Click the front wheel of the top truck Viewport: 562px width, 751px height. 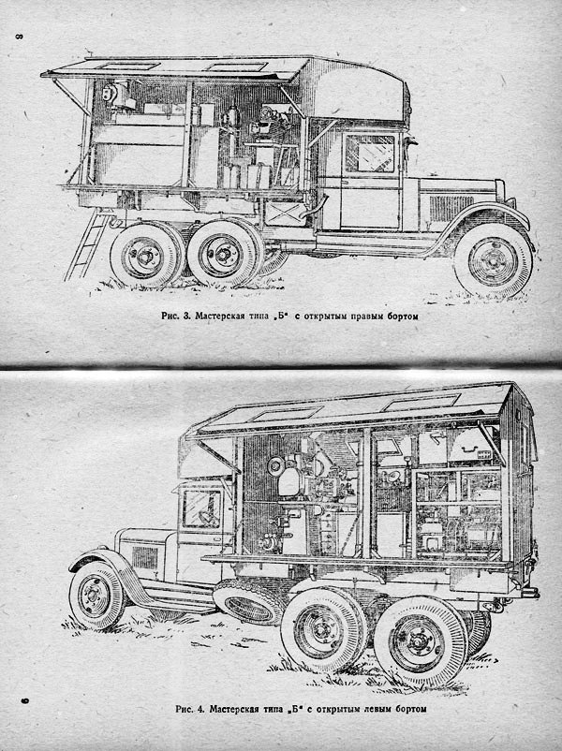click(x=493, y=259)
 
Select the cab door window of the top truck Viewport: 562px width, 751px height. click(x=370, y=153)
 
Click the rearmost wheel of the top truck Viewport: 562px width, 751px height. click(x=144, y=256)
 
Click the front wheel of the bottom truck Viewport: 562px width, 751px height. click(x=96, y=597)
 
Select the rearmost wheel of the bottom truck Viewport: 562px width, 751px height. click(x=420, y=641)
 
